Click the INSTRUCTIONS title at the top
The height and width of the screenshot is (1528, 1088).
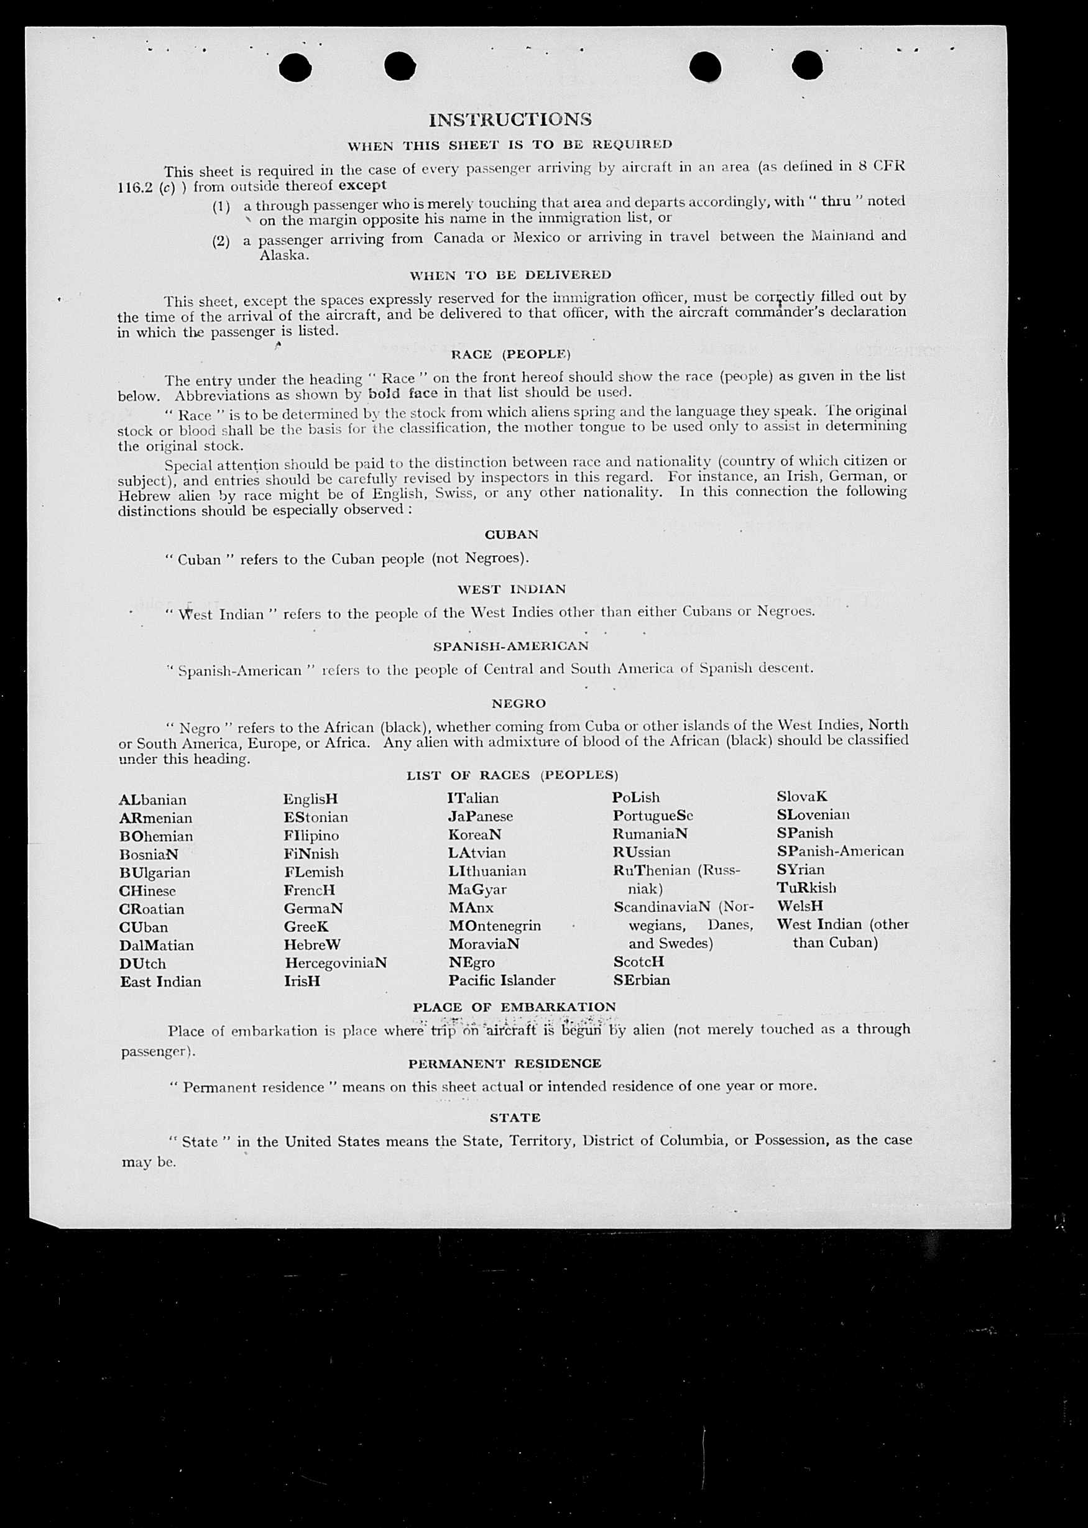(x=510, y=120)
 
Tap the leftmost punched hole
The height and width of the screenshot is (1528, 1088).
(x=295, y=67)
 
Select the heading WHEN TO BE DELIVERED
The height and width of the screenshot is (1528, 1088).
(x=510, y=275)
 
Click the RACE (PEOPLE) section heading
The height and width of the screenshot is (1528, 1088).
(x=510, y=354)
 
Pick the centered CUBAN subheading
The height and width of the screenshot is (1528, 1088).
(x=511, y=534)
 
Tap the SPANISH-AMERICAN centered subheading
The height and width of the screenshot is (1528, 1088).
(x=510, y=646)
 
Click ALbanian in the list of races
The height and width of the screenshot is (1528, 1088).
(x=153, y=800)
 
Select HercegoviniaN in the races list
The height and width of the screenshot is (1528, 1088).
(x=336, y=963)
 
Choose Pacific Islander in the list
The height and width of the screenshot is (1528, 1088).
(x=502, y=980)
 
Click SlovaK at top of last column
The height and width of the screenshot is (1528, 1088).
(x=802, y=796)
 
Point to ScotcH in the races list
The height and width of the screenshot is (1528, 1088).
(x=639, y=961)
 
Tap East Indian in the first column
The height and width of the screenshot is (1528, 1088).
(x=160, y=982)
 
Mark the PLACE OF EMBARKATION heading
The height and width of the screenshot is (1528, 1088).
(x=514, y=1007)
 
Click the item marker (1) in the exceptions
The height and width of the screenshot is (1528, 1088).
(x=221, y=206)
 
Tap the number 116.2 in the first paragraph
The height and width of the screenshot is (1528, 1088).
(x=137, y=188)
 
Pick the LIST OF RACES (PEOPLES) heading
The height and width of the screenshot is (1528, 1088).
(x=512, y=775)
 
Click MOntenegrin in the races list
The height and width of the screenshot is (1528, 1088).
(x=494, y=925)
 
